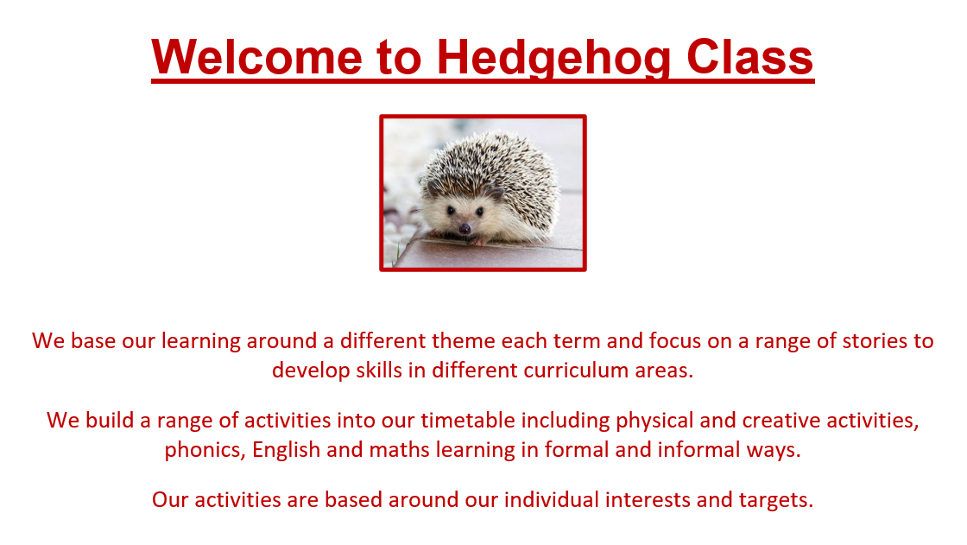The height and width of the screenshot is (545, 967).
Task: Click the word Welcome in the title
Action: pyautogui.click(x=256, y=57)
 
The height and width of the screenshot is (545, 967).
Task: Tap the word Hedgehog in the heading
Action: pyautogui.click(x=553, y=60)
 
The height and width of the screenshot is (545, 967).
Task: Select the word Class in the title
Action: pyautogui.click(x=750, y=57)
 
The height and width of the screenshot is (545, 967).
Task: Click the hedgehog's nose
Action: pyautogui.click(x=465, y=229)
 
